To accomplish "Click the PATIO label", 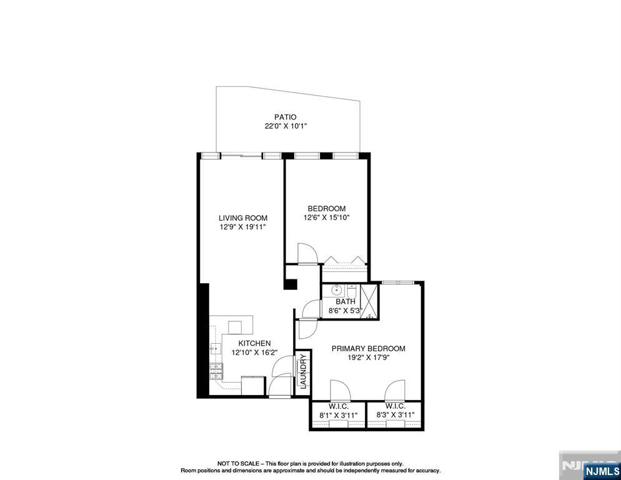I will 285,117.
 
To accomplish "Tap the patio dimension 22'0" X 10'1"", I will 285,126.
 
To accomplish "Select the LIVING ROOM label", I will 242,218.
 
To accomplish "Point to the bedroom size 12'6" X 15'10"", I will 326,217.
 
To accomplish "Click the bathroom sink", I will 336,290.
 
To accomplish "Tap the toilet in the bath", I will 351,292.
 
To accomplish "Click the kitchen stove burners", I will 216,371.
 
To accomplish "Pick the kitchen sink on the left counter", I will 214,349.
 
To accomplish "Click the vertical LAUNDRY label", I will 303,371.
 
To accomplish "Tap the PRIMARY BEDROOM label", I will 368,349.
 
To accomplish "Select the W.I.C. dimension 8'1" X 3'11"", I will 338,414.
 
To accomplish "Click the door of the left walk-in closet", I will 340,390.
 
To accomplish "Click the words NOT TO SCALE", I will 238,463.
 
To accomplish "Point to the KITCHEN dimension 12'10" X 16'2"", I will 251,352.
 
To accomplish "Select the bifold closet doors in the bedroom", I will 344,261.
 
